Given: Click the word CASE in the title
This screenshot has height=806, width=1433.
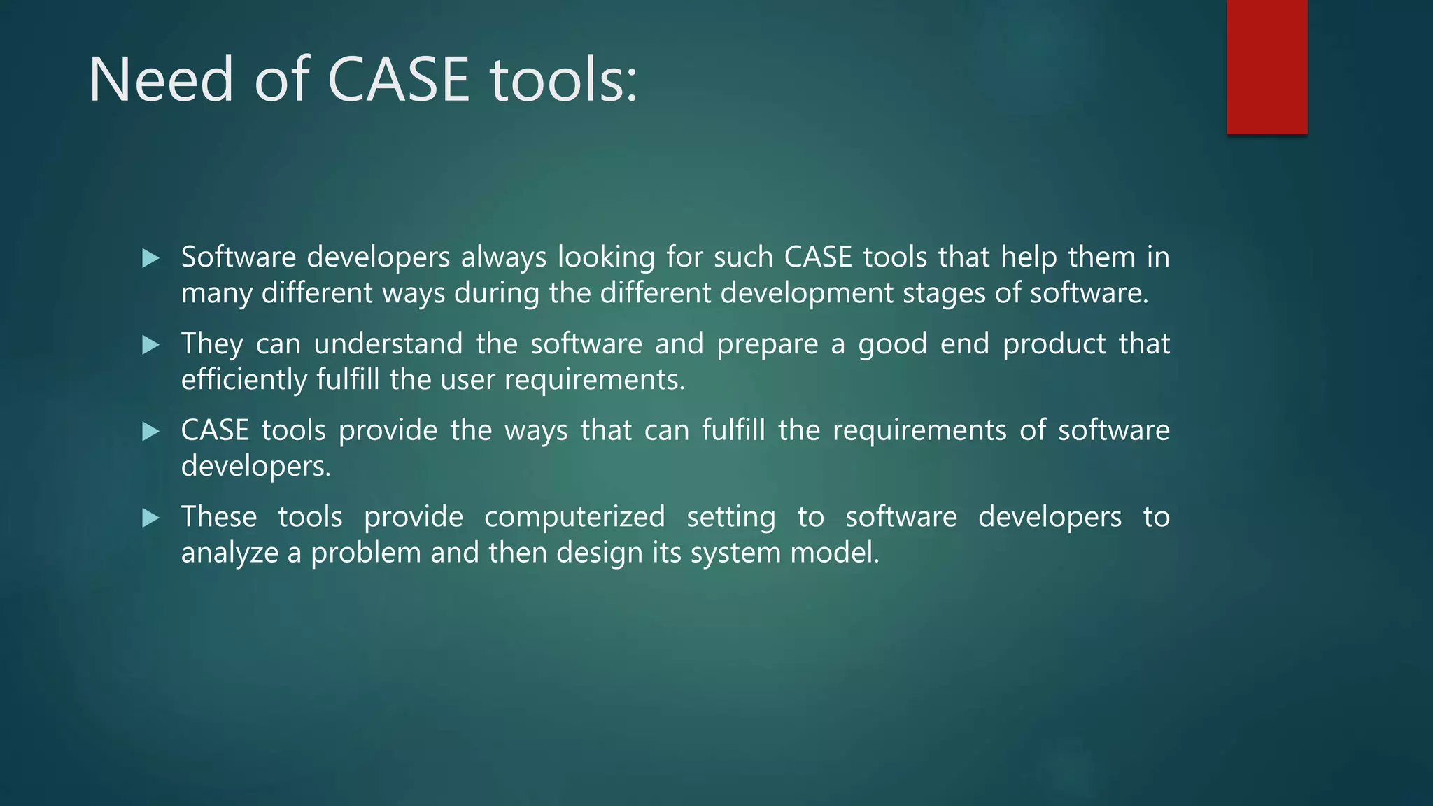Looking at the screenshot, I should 397,80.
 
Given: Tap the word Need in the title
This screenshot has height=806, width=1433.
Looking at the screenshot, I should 161,80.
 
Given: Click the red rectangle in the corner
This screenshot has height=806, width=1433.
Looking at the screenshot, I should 1266,66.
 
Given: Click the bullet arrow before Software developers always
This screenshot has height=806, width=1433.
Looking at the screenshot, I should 150,258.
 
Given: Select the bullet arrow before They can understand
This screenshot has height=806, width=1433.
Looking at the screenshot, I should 150,344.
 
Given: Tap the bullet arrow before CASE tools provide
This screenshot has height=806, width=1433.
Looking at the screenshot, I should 150,431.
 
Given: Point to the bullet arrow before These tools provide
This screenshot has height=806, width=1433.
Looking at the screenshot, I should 150,518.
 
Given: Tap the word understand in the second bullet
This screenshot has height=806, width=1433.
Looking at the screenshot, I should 388,344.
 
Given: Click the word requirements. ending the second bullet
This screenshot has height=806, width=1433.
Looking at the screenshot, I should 595,379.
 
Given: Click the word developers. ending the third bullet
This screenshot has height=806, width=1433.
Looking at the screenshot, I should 255,466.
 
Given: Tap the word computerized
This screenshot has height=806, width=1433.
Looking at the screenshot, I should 574,517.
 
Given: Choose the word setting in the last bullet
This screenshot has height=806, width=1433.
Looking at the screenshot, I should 730,517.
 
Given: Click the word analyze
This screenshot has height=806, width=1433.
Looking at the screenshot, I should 230,553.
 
